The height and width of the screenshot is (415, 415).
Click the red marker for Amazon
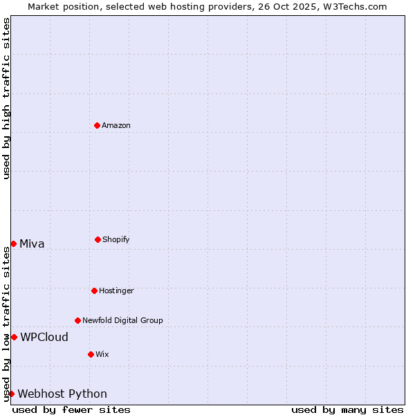97,125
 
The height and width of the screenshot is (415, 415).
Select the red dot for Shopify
98,239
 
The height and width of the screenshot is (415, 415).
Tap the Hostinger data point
94,290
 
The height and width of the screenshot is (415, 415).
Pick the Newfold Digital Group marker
77,320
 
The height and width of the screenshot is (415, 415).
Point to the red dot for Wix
91,354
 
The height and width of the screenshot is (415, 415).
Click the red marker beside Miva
13,243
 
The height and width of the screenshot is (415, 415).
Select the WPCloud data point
14,337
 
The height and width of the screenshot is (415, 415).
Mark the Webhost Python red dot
11,394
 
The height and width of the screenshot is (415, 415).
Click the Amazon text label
116,125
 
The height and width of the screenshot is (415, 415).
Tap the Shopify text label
116,239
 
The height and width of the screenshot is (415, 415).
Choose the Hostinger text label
116,290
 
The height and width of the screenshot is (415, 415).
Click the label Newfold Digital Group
122,320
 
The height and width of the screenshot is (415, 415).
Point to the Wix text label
102,354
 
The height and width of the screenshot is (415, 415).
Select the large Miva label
32,243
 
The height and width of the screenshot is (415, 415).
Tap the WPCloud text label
44,337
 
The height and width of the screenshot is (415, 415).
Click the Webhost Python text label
62,394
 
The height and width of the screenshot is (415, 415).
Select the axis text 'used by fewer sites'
71,409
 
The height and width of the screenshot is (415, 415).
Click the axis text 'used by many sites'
347,409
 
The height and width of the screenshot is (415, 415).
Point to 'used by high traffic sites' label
6,98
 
